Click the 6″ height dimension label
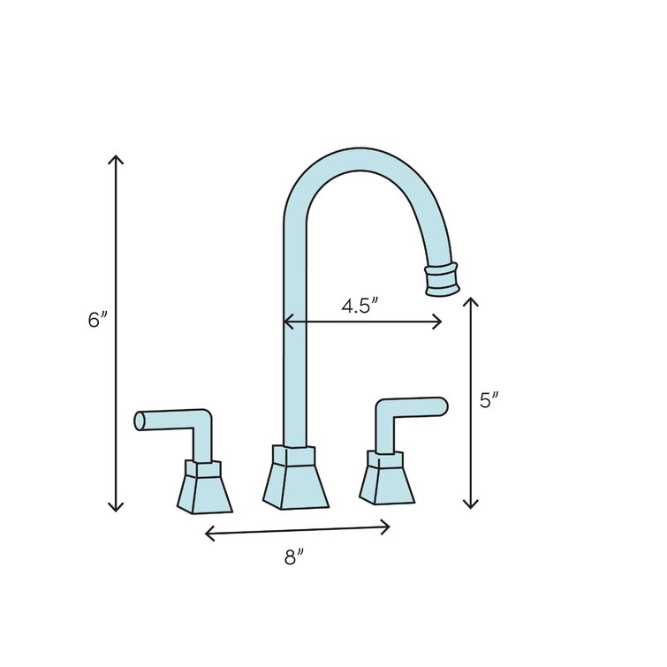coord(97,320)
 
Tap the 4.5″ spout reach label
coord(360,306)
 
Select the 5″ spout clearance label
coord(489,400)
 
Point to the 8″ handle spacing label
coord(295,558)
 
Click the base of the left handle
coord(204,488)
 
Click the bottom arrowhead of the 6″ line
coord(116,509)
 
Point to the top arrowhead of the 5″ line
coord(471,300)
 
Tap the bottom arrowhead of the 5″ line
coord(471,506)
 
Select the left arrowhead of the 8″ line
coord(207,533)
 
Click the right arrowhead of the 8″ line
coord(388,527)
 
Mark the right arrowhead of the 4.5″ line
coord(440,322)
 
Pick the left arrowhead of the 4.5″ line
coord(285,323)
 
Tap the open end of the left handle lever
coord(140,421)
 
